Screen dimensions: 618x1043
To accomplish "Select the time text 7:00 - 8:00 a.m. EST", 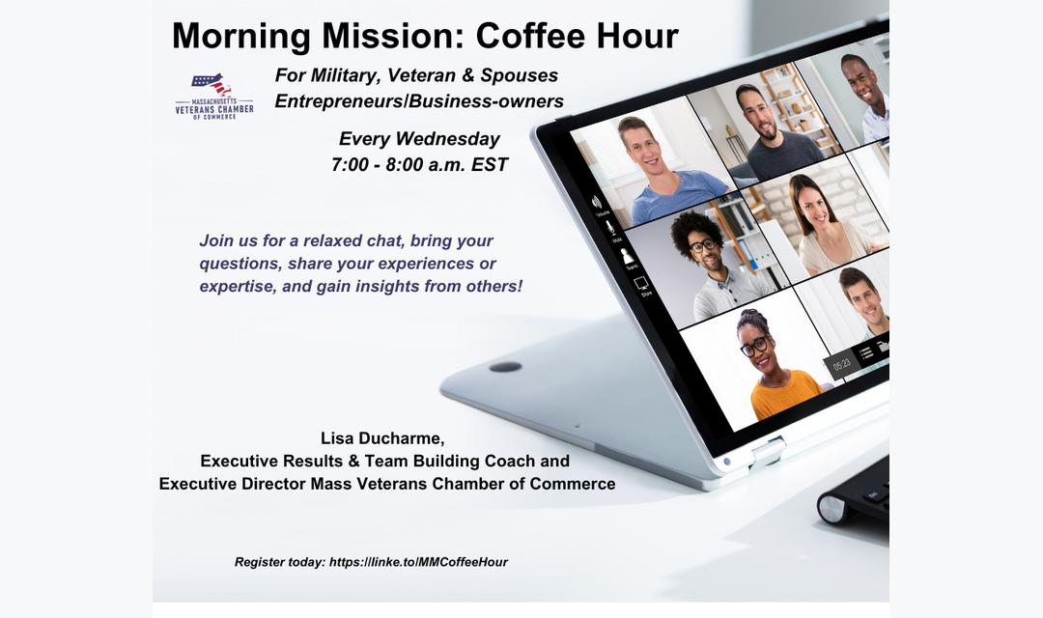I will [x=419, y=164].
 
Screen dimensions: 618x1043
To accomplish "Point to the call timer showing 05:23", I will [x=841, y=364].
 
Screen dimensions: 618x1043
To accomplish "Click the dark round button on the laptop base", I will [x=505, y=367].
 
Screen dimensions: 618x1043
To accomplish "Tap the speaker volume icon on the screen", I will [x=597, y=203].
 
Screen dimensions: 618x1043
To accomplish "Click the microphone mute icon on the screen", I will [x=610, y=228].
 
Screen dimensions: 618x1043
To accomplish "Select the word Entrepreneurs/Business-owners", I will [x=419, y=100].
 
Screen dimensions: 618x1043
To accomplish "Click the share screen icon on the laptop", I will [x=640, y=284].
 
